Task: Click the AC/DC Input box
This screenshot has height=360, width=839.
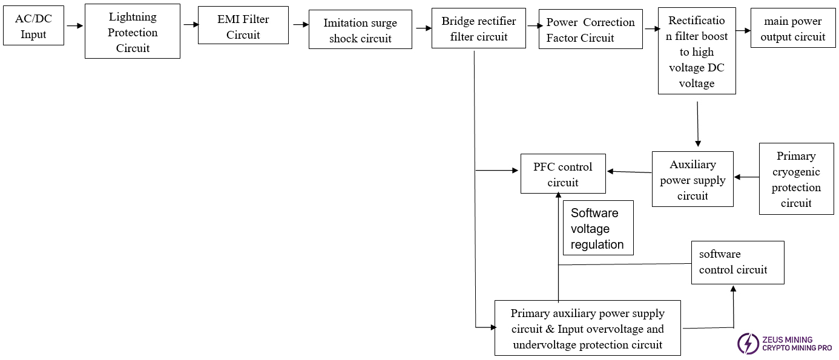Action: pos(33,26)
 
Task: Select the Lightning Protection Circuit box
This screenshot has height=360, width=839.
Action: pos(132,31)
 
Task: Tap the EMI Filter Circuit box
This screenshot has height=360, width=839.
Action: pos(243,27)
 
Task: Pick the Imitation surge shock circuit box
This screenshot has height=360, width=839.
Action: pos(360,30)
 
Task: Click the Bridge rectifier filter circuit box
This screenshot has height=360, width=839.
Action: pos(478,28)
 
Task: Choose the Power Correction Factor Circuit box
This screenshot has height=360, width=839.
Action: pos(590,29)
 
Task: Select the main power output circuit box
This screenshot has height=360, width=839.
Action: pos(792,28)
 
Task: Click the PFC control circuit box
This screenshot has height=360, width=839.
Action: pos(562,174)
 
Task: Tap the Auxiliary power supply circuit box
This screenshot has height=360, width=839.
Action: pos(693,179)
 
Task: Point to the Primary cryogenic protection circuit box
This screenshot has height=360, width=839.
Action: pos(796,179)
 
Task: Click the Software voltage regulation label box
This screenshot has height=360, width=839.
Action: pos(598,228)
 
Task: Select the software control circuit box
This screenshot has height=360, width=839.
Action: pos(737,262)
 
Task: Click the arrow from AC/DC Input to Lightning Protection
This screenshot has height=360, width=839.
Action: pos(74,26)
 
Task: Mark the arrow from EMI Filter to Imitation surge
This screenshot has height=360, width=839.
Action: pos(300,25)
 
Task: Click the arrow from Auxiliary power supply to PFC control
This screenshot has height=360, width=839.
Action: pos(629,172)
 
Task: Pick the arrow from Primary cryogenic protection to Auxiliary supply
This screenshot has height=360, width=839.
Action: pos(746,177)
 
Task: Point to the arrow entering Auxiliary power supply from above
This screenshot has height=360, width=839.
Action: pos(698,125)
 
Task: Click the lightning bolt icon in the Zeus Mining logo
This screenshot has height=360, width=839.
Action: pos(748,343)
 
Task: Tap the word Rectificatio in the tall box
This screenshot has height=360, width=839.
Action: pos(696,21)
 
